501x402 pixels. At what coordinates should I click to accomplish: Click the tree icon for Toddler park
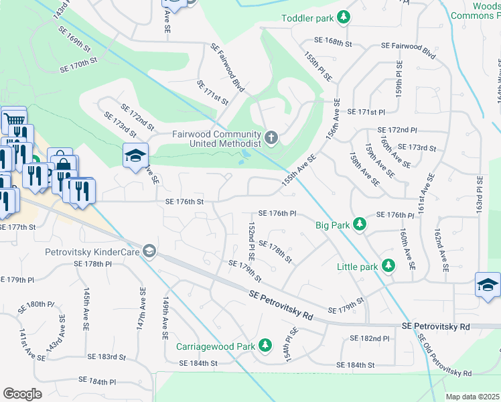(x=344, y=17)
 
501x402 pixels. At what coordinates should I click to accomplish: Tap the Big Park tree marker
(x=360, y=223)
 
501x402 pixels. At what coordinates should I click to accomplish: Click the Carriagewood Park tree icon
(x=266, y=346)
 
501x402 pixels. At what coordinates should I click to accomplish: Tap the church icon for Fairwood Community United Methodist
(x=271, y=138)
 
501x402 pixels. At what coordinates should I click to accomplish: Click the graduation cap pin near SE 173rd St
(x=135, y=156)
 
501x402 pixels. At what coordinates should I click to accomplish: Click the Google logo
(x=22, y=393)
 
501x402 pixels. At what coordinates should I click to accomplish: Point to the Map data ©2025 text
(x=473, y=397)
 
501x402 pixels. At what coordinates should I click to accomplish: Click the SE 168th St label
(x=334, y=43)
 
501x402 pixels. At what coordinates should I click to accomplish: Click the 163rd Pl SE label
(x=480, y=194)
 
